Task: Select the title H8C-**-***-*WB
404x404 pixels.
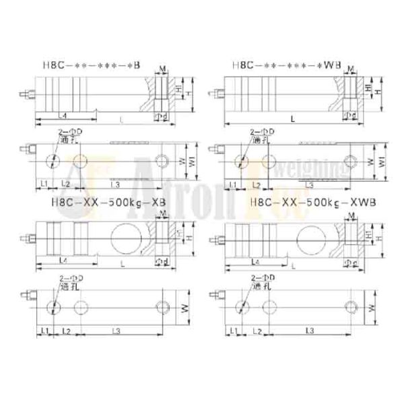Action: (286, 66)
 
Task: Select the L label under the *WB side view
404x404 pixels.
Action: (292, 119)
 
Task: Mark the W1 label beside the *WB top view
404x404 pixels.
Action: (382, 162)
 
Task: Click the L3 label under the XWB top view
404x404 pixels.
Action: (310, 331)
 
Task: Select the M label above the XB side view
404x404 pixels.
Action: (164, 213)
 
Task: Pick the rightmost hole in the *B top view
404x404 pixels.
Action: (162, 161)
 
